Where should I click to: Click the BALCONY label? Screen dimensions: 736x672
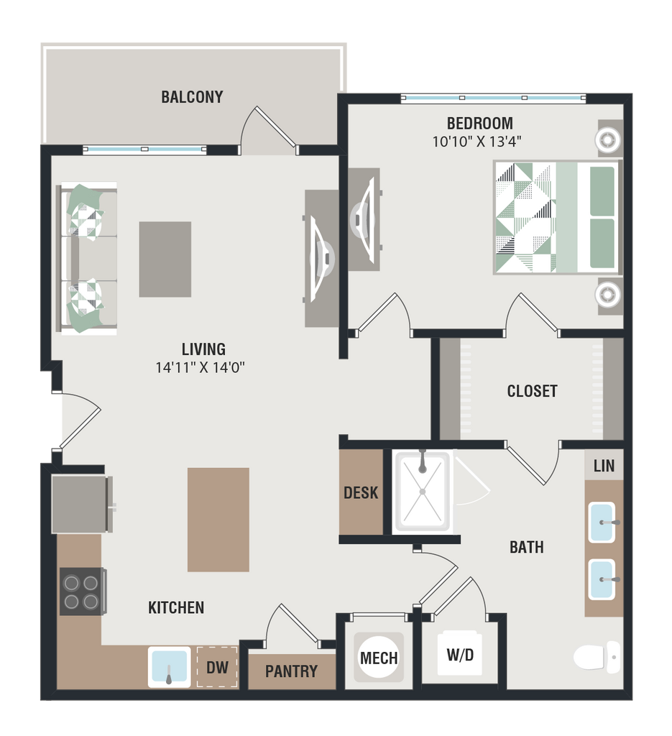pyautogui.click(x=192, y=97)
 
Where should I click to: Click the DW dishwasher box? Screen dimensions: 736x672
pyautogui.click(x=217, y=668)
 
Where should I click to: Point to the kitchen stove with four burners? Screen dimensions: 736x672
pyautogui.click(x=82, y=591)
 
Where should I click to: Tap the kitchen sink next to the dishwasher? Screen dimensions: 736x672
pyautogui.click(x=170, y=667)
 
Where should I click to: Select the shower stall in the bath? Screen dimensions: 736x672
pyautogui.click(x=422, y=491)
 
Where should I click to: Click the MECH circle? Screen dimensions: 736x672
pyautogui.click(x=379, y=658)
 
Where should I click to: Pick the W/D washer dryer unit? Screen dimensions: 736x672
pyautogui.click(x=459, y=655)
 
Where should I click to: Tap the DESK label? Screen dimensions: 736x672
pyautogui.click(x=361, y=493)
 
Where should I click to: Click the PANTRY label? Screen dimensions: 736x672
pyautogui.click(x=291, y=671)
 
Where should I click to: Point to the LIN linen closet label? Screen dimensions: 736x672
pyautogui.click(x=604, y=466)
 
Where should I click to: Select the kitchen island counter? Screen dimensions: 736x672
pyautogui.click(x=218, y=520)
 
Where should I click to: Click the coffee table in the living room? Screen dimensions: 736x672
pyautogui.click(x=165, y=259)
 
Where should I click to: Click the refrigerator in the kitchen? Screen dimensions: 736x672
pyautogui.click(x=80, y=504)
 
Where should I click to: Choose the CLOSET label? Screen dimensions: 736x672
pyautogui.click(x=532, y=391)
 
